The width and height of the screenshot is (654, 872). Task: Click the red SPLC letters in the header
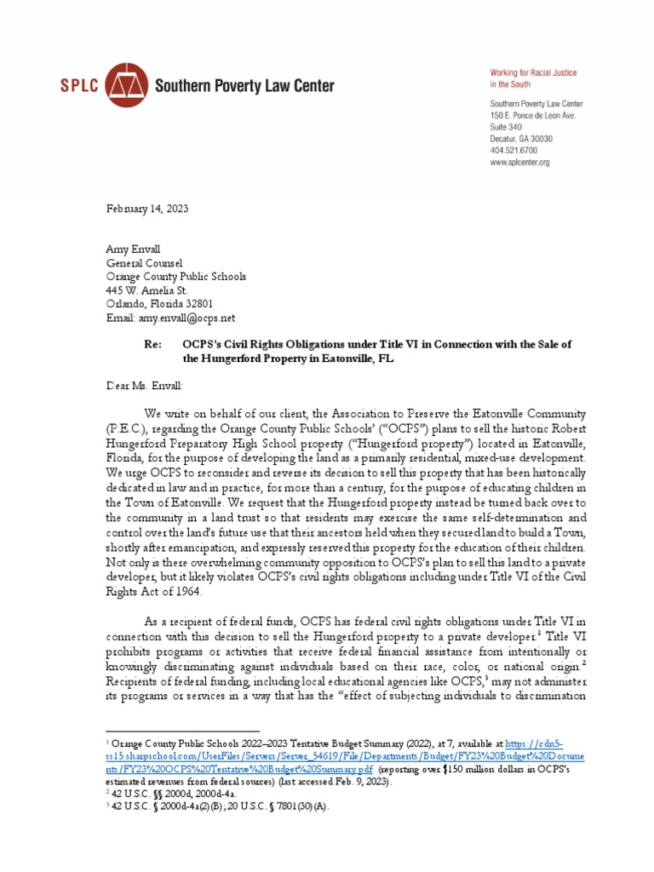coord(77,86)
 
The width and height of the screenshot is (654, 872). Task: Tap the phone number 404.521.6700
coord(512,150)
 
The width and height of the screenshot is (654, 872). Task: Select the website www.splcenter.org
coord(519,162)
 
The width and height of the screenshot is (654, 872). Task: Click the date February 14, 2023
coord(146,209)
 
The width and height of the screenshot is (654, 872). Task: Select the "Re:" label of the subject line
coord(150,344)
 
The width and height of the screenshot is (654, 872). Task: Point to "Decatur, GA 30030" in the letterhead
coord(521,139)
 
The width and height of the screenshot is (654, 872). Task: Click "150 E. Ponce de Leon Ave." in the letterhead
coord(532,115)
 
